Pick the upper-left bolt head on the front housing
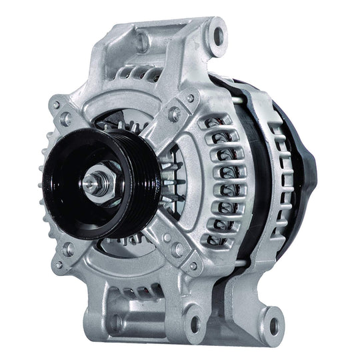pos(65,118)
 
